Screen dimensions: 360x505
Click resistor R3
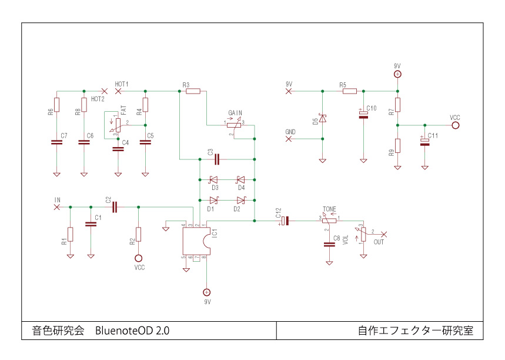[192, 91]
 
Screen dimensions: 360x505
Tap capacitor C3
[217, 159]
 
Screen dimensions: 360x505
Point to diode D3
[214, 179]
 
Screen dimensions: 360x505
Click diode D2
[240, 200]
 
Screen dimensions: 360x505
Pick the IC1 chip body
[195, 241]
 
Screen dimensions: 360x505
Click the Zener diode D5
[322, 119]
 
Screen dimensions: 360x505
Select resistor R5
[350, 91]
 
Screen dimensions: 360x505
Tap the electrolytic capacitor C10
[364, 115]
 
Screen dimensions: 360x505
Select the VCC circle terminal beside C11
[455, 125]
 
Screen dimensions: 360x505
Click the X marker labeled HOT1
[119, 91]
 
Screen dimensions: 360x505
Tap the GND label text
[290, 131]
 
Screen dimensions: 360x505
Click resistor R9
[397, 145]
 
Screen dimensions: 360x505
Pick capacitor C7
[57, 142]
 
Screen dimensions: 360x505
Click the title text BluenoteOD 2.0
[132, 331]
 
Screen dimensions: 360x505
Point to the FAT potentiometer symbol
[118, 124]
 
